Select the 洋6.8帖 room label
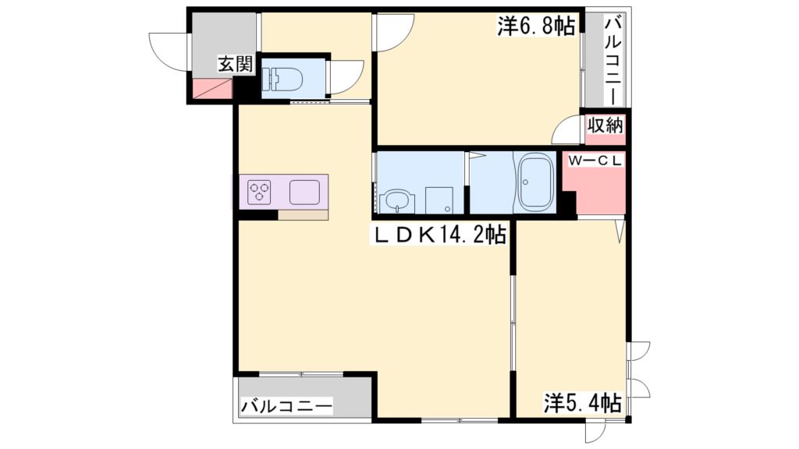[536, 27]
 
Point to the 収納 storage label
[605, 125]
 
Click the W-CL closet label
[595, 161]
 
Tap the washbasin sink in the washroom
[397, 200]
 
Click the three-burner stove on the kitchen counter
[260, 192]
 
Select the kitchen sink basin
[304, 192]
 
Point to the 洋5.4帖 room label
[582, 403]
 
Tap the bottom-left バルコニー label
[286, 406]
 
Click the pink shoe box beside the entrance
[211, 89]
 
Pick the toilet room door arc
[344, 78]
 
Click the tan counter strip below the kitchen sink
[303, 214]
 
